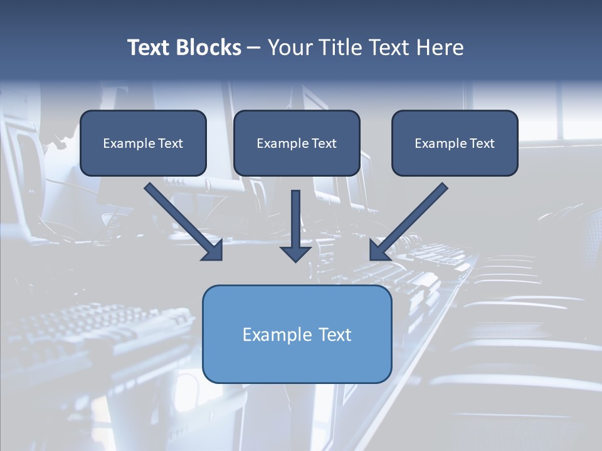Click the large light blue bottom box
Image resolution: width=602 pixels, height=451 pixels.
(x=297, y=360)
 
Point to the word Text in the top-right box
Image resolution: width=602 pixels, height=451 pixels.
(x=482, y=143)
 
